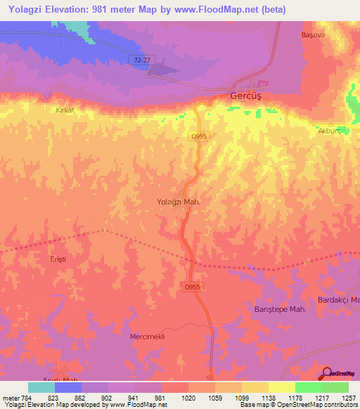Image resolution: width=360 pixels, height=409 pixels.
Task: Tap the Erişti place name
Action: (x=58, y=259)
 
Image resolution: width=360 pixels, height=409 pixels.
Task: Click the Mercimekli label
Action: (x=147, y=337)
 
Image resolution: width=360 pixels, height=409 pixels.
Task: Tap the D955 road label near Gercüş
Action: (x=199, y=138)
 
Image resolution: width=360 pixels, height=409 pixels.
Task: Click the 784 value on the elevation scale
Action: (x=22, y=398)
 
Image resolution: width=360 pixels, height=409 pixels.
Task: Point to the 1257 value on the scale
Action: (x=340, y=398)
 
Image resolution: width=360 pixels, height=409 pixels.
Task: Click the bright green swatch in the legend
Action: (x=308, y=387)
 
